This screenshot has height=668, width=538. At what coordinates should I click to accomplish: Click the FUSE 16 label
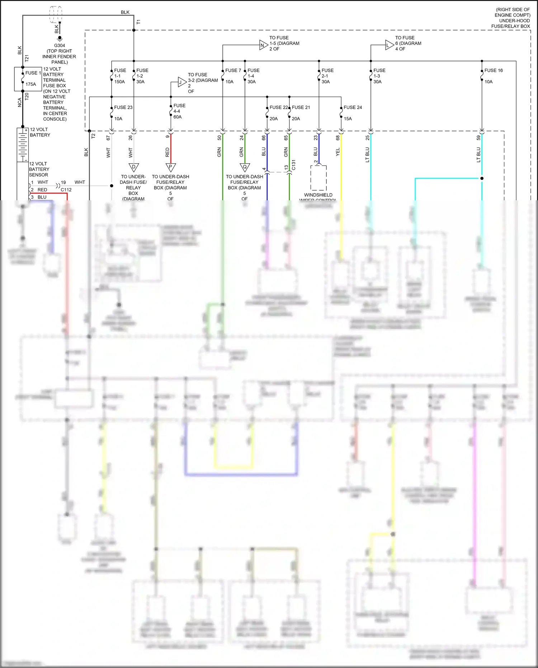tap(493, 70)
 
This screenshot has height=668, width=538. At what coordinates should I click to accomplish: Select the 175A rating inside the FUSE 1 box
tap(31, 84)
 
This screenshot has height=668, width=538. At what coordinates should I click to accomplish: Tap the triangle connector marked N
tap(263, 45)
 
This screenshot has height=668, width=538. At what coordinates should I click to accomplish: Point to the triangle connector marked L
tap(389, 45)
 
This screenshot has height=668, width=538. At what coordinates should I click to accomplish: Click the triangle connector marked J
tap(182, 82)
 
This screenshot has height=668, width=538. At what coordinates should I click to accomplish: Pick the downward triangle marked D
tap(133, 167)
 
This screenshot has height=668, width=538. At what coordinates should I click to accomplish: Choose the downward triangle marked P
tap(170, 167)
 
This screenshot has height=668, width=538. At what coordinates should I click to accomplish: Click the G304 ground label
tap(60, 46)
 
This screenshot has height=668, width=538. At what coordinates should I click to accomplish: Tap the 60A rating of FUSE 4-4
tap(178, 117)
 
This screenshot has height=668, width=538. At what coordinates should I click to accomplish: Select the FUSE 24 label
tap(353, 107)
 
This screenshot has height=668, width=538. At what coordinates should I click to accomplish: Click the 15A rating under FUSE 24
tap(348, 119)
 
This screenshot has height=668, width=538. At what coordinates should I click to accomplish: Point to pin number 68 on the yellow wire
tap(338, 138)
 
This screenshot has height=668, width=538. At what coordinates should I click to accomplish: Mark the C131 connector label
tap(293, 165)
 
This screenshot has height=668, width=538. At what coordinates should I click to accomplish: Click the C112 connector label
tap(66, 190)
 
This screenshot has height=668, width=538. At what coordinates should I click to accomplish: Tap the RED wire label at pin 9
tap(167, 152)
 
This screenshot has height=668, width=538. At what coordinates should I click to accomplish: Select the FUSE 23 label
tap(123, 107)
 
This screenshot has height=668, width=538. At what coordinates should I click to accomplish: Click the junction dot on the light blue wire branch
tap(482, 178)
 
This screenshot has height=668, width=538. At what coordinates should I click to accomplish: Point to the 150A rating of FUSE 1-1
tap(119, 82)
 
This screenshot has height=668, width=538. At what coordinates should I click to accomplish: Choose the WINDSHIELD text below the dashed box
tap(318, 195)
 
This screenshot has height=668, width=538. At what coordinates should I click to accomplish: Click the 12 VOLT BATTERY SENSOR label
tap(39, 169)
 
